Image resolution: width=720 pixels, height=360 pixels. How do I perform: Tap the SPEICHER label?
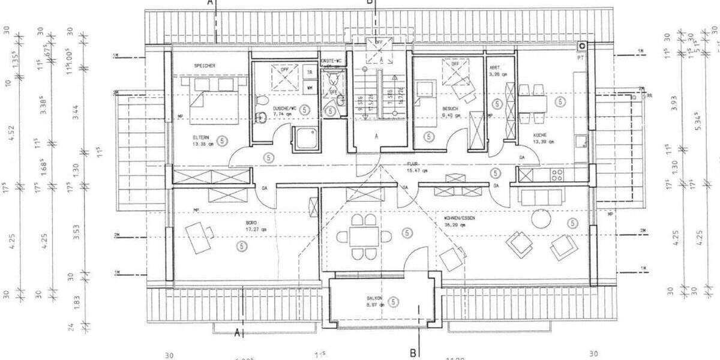click(x=204, y=65)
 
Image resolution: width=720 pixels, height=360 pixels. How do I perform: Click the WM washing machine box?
click(x=309, y=88)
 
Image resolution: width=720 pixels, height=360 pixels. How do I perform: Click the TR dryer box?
click(x=309, y=72)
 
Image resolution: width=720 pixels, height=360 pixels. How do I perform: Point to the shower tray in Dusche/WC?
click(x=306, y=139)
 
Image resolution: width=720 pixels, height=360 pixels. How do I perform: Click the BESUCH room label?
click(x=450, y=109)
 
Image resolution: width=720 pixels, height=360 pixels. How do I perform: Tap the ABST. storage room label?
click(x=495, y=67)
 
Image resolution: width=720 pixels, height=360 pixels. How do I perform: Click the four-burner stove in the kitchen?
click(x=556, y=175)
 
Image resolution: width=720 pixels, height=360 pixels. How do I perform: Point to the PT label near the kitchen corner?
click(x=580, y=58)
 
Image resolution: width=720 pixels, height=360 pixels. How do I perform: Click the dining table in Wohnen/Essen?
click(x=365, y=236)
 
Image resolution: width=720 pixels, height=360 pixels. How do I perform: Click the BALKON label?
click(x=374, y=298)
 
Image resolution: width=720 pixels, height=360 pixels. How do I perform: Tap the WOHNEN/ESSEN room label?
click(x=460, y=218)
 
